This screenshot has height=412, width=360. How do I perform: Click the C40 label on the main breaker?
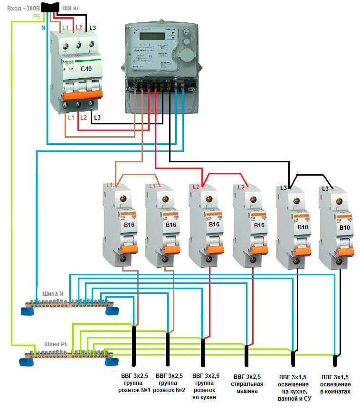[86, 69]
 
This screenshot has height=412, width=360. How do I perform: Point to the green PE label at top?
[37, 17]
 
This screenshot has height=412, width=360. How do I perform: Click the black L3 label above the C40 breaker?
[92, 28]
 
